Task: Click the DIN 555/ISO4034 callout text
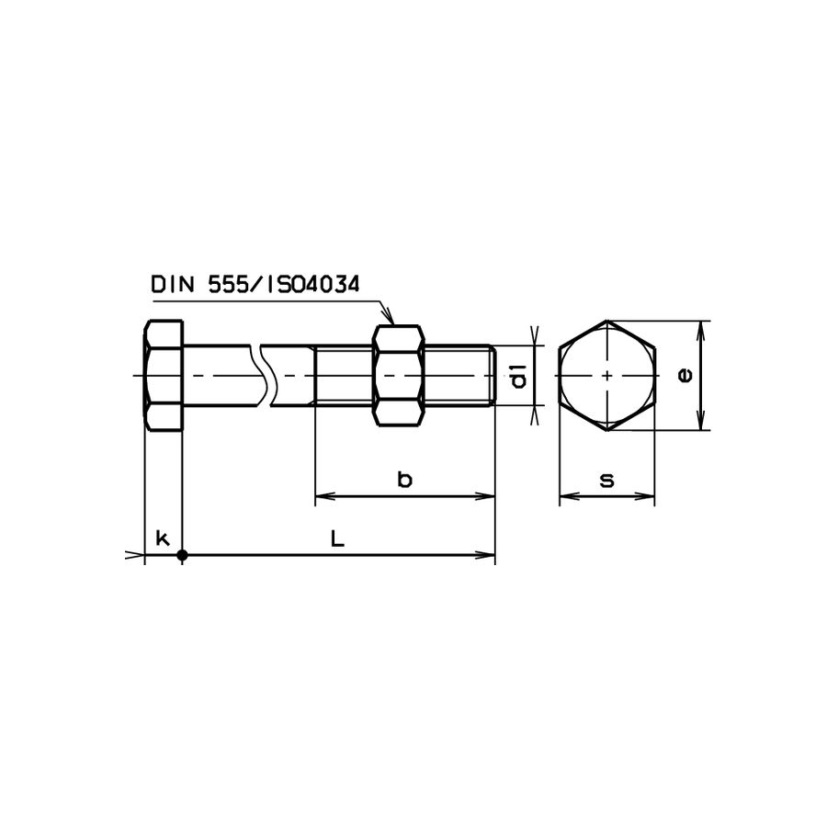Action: [x=255, y=285]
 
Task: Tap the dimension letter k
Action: [x=163, y=538]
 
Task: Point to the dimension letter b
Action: [x=404, y=479]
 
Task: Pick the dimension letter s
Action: [x=606, y=480]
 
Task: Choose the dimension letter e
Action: [x=684, y=375]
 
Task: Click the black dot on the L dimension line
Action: [x=182, y=555]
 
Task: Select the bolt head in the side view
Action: [x=164, y=375]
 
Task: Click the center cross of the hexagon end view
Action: [x=606, y=375]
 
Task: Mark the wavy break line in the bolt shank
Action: [x=266, y=375]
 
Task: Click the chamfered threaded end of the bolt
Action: [x=491, y=375]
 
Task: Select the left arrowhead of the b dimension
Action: [x=323, y=497]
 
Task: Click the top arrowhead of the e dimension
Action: [x=702, y=327]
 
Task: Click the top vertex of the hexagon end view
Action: [x=606, y=321]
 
